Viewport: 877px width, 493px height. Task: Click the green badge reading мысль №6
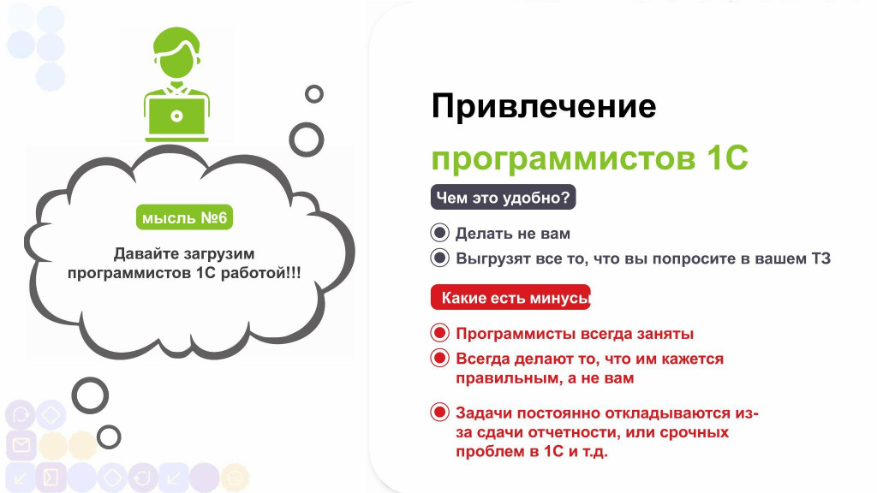(184, 217)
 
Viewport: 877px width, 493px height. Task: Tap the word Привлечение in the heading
(544, 106)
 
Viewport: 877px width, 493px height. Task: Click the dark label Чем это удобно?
(503, 198)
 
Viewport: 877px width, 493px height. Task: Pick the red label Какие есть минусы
(510, 297)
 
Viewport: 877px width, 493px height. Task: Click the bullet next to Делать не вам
(439, 233)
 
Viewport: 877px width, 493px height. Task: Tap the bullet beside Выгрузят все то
(439, 258)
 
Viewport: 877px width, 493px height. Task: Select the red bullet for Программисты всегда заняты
(439, 333)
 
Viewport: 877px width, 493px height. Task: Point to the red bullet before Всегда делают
(439, 358)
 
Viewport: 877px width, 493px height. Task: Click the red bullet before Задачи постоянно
(439, 413)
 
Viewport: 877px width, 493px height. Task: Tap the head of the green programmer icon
(176, 53)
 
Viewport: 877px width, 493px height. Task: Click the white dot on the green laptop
(176, 116)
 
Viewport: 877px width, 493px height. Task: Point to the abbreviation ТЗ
(820, 258)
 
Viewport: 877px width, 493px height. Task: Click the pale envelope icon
(21, 445)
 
